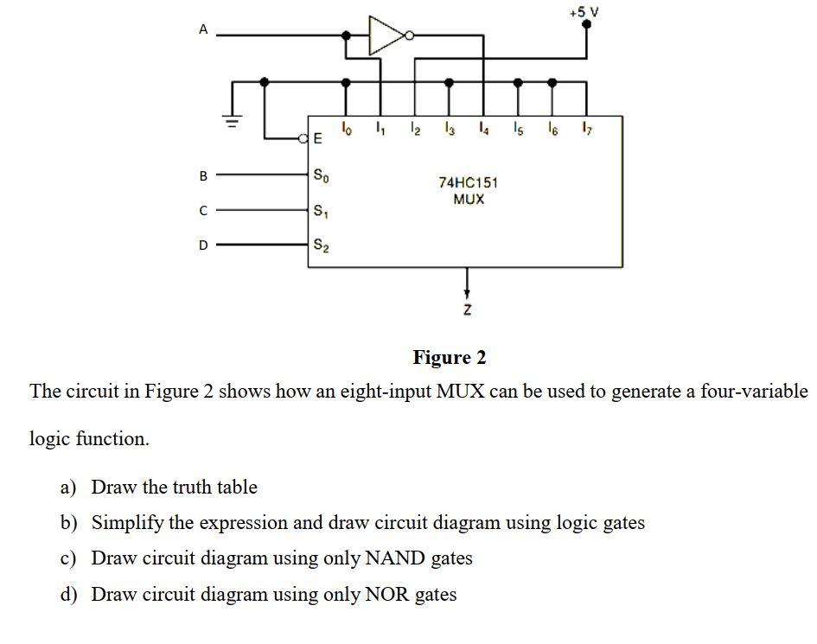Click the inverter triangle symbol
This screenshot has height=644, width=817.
(x=386, y=35)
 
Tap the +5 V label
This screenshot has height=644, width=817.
(x=584, y=11)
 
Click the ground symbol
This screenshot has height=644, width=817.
(x=231, y=121)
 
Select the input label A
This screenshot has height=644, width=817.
(x=203, y=29)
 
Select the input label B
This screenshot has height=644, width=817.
(x=203, y=175)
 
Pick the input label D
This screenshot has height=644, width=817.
(x=203, y=245)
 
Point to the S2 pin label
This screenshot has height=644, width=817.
(x=320, y=245)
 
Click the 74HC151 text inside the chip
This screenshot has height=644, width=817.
(x=468, y=182)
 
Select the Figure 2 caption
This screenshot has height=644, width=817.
(x=450, y=357)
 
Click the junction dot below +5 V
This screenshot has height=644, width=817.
(x=586, y=26)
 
